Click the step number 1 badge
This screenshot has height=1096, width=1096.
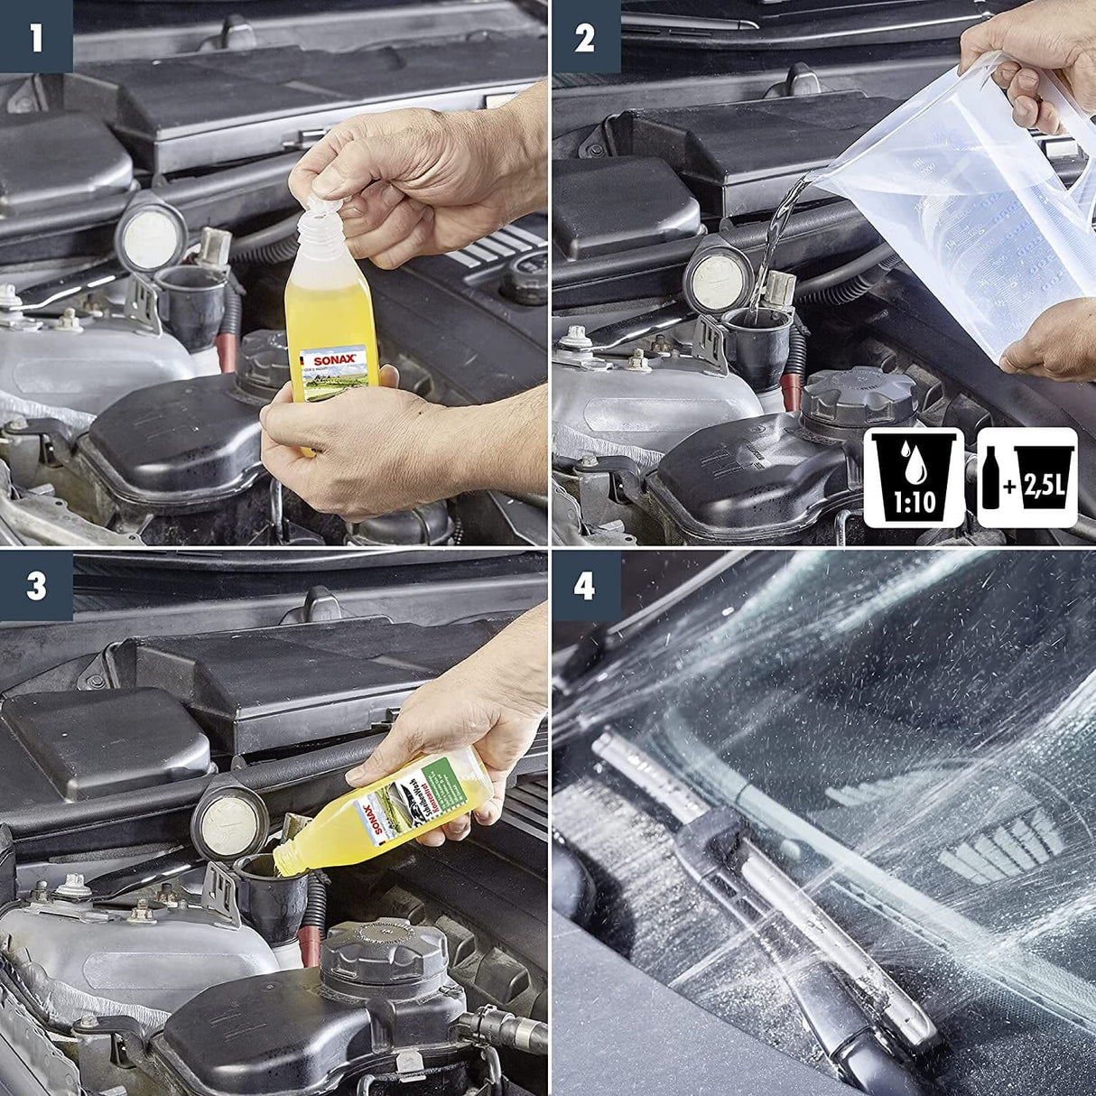36,37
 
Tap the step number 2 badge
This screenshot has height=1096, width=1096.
585,37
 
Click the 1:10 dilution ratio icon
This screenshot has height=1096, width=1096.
915,478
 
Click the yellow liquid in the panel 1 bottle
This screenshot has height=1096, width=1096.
320,325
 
